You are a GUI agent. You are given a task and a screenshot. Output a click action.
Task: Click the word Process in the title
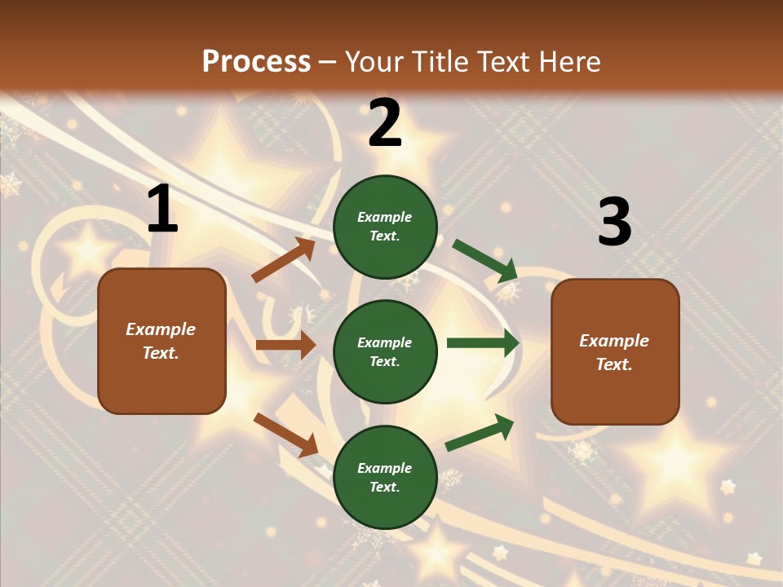[256, 62]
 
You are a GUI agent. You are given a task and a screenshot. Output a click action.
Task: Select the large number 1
[162, 210]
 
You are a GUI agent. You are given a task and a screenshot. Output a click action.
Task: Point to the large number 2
[385, 123]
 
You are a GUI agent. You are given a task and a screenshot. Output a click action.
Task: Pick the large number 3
[614, 223]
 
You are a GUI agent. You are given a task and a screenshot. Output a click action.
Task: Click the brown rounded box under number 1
[161, 340]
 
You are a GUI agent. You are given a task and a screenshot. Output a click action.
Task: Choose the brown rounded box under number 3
[615, 351]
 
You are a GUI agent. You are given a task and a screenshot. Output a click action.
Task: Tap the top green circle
[385, 227]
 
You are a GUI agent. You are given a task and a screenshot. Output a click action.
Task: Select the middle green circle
[385, 351]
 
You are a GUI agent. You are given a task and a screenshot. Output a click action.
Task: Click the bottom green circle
[385, 477]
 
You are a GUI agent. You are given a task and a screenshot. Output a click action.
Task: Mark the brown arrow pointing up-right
[284, 260]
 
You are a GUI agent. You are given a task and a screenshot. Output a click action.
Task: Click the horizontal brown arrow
[285, 345]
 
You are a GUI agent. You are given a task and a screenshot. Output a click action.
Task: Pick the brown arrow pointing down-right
[285, 435]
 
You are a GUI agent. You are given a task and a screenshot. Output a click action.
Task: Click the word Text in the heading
[507, 62]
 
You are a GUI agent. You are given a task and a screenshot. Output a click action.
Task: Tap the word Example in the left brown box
[161, 329]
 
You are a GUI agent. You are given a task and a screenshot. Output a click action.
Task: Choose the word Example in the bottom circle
[384, 468]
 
